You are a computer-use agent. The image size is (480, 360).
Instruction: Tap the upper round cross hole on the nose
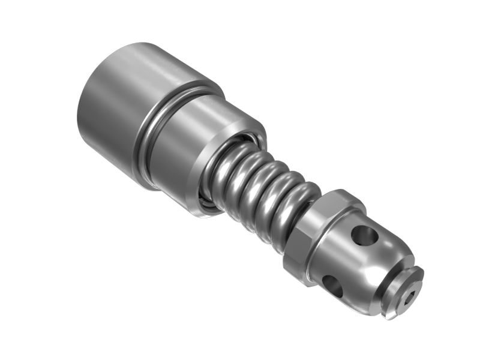pyautogui.click(x=364, y=235)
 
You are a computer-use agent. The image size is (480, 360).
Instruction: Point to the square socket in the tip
pyautogui.click(x=410, y=295)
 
